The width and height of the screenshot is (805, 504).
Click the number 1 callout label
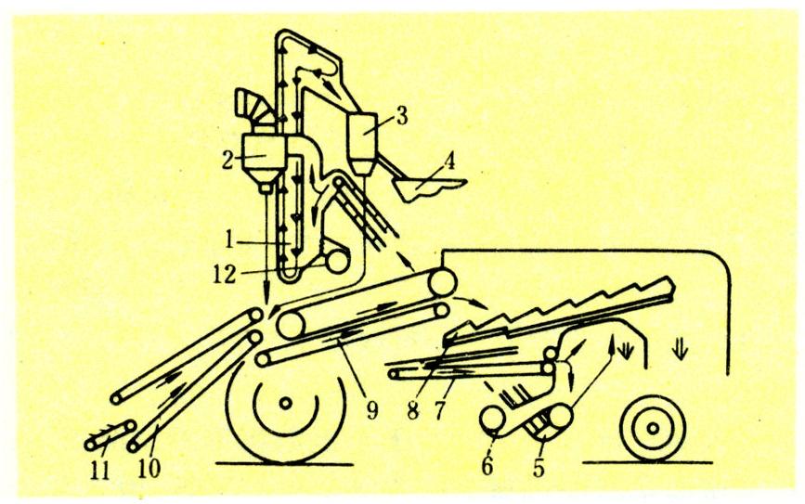coord(230,239)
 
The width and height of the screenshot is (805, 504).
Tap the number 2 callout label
coord(228,161)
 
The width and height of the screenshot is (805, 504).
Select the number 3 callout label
coord(401,116)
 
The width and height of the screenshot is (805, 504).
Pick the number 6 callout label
coord(487,465)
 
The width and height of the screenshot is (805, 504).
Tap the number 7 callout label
coord(439,410)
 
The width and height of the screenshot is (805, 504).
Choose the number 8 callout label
coord(413,410)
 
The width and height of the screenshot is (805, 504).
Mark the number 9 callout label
coord(371,409)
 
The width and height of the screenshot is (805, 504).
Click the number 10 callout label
coord(149,468)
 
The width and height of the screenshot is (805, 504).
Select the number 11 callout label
coord(99,470)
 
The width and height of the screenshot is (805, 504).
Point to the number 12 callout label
coord(225,275)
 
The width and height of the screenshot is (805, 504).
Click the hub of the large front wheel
coord(285,404)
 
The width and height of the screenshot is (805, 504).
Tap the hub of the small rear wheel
coord(653,428)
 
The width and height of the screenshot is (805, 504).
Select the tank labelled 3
coord(363,143)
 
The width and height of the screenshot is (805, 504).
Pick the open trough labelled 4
coord(429,188)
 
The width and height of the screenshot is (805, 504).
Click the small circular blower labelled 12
coord(337,264)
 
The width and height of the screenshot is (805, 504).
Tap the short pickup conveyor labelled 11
coord(110,435)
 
